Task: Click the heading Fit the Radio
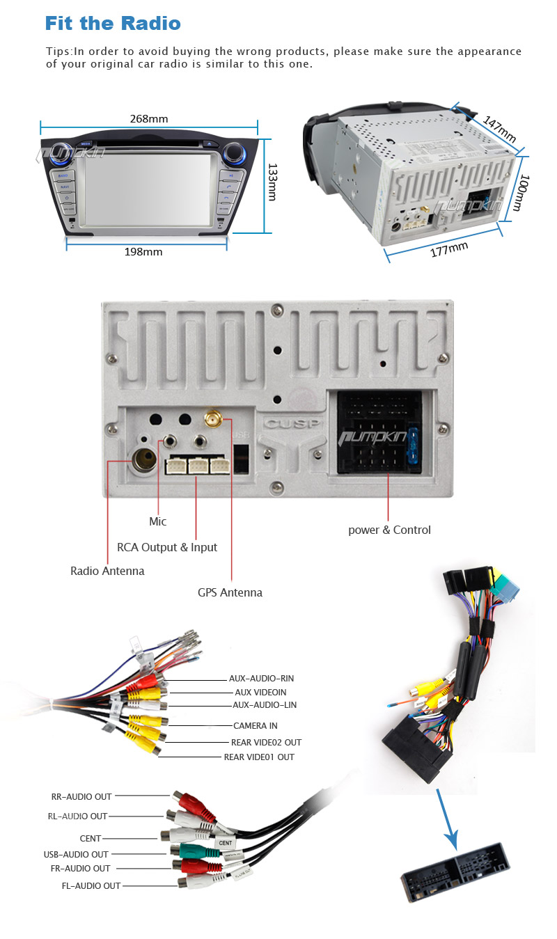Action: coord(113,24)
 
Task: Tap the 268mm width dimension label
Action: coord(149,118)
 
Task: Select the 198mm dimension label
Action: coord(143,251)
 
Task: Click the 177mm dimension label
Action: coord(448,248)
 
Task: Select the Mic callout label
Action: coord(158,521)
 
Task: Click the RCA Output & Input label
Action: coord(167,547)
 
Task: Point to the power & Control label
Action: coord(389,530)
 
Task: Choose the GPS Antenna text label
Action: coord(230,592)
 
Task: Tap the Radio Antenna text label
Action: coord(107,571)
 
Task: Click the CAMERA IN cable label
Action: coord(255,725)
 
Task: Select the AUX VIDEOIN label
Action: coord(260,692)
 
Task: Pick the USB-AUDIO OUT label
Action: coord(76,854)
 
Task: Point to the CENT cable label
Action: coord(91,838)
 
